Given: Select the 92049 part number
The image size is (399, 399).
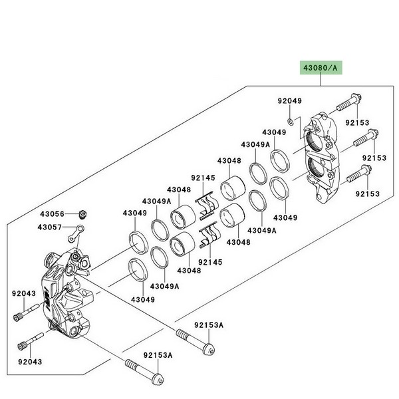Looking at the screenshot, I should coord(289,101).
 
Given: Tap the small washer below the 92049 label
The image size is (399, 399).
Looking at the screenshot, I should coord(291,122).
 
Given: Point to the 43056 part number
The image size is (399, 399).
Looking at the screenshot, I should coord(51,214).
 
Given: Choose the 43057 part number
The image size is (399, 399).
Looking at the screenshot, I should coord(51,227).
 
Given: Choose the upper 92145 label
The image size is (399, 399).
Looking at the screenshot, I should coord(202,178).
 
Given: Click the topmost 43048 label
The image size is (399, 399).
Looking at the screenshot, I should coord(228,160).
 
